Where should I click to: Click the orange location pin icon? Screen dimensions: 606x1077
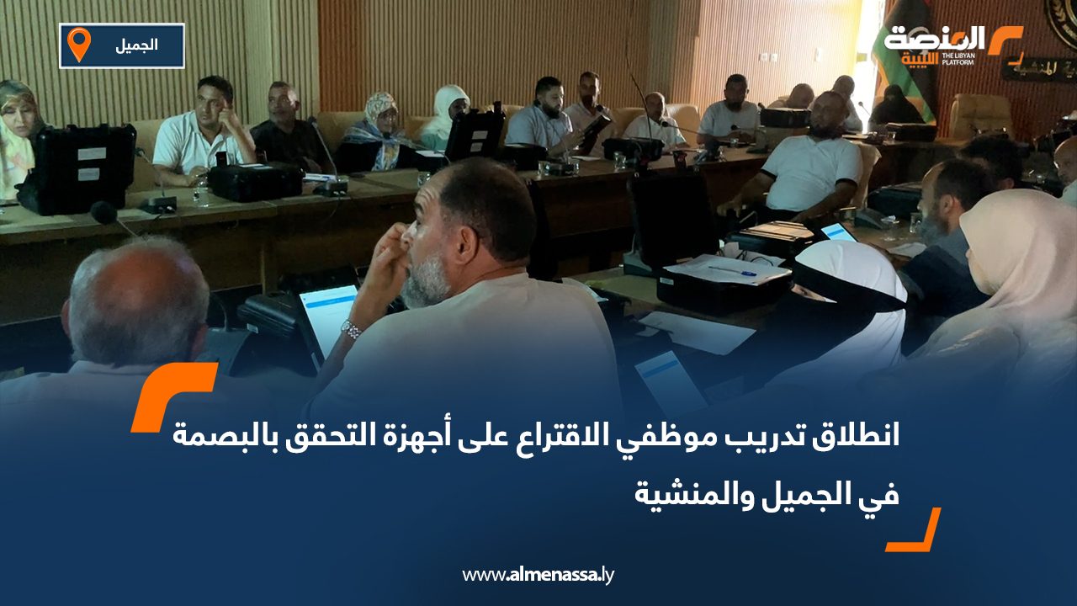tap(78, 44)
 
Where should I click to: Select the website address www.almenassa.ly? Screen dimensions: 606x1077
tap(538, 575)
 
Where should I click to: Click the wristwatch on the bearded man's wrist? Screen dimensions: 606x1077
tap(351, 330)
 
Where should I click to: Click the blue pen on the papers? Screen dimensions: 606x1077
tap(731, 271)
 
